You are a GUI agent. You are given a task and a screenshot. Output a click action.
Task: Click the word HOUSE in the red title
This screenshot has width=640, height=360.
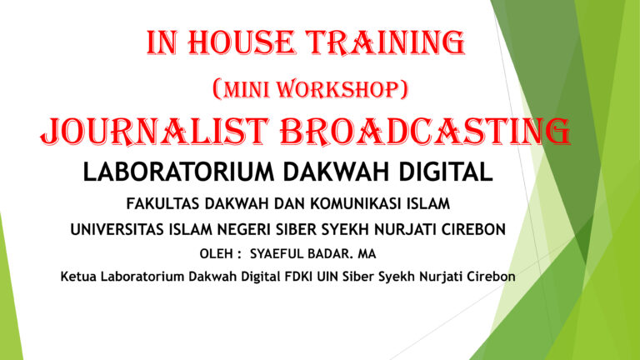(x=241, y=42)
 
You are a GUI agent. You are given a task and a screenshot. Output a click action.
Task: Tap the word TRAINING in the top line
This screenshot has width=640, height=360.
(x=386, y=43)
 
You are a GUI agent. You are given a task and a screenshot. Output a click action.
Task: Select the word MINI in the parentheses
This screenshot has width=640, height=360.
(x=247, y=89)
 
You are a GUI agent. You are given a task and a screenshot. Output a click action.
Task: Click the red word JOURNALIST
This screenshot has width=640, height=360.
(x=155, y=132)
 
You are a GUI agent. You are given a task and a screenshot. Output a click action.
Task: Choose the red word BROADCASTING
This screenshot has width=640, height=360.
(x=425, y=132)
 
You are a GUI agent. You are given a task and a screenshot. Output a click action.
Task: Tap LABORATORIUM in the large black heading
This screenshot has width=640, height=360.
(x=179, y=172)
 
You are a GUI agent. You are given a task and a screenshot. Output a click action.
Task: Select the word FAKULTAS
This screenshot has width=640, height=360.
(x=162, y=203)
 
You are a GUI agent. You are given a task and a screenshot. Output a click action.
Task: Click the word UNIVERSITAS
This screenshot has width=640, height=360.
(x=117, y=229)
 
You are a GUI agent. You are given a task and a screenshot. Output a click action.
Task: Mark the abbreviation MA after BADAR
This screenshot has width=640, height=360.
(x=367, y=254)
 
